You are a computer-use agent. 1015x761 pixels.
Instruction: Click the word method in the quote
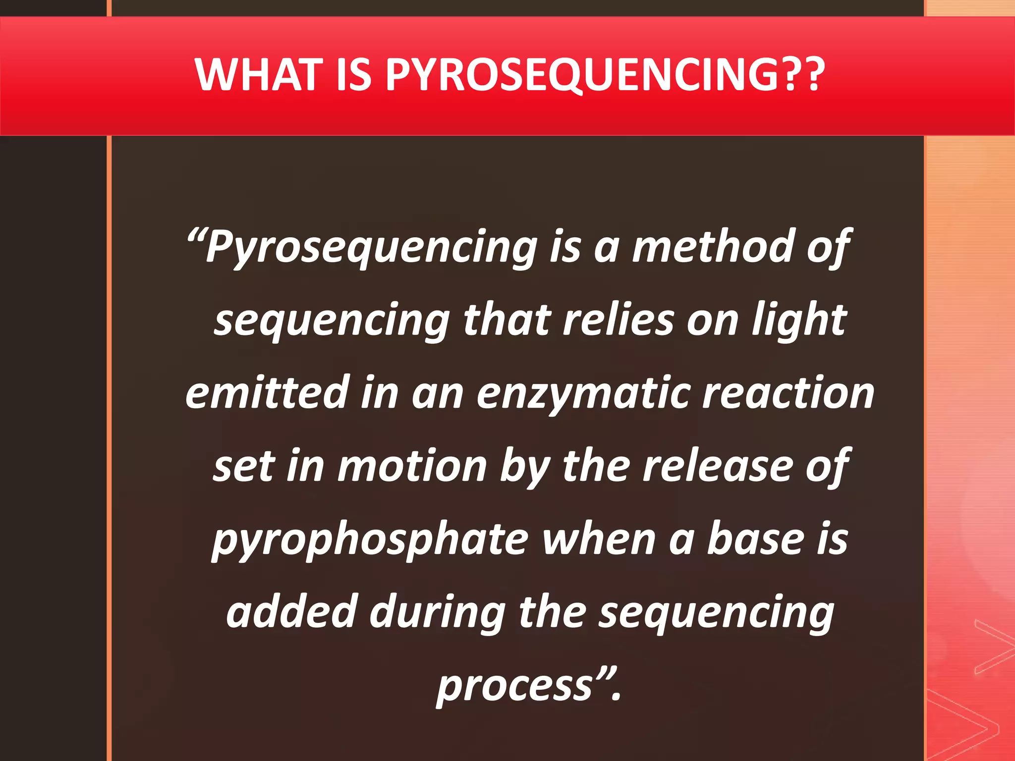click(713, 246)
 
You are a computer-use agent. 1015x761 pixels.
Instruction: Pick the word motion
click(412, 466)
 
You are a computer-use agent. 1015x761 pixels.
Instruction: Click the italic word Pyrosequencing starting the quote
click(372, 247)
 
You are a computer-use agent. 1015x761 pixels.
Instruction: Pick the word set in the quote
click(243, 466)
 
